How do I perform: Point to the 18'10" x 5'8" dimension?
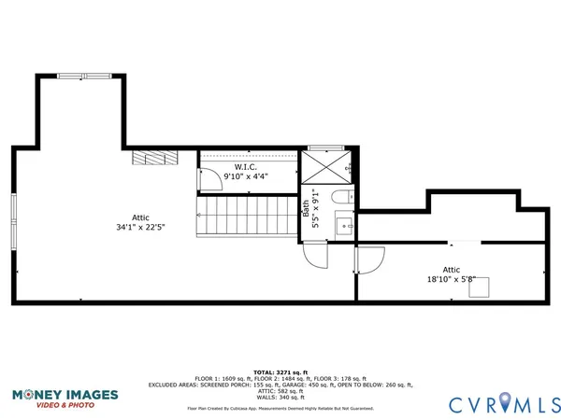452,278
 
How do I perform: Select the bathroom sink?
343,225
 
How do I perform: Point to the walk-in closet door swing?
209,180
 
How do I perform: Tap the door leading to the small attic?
369,259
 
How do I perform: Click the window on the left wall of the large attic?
13,221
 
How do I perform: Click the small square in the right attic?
481,287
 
